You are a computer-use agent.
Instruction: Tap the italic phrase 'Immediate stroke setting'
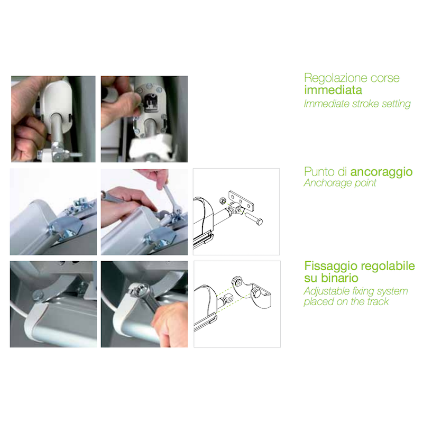tap(357, 104)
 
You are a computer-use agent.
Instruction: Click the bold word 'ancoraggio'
tap(381, 172)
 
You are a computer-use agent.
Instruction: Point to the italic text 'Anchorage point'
tap(339, 183)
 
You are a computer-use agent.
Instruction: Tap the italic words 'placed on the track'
tap(346, 302)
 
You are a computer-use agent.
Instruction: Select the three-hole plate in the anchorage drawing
tap(241, 201)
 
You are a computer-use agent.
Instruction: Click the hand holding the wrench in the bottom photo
tap(169, 323)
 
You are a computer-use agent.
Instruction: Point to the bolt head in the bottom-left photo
tap(38, 293)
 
